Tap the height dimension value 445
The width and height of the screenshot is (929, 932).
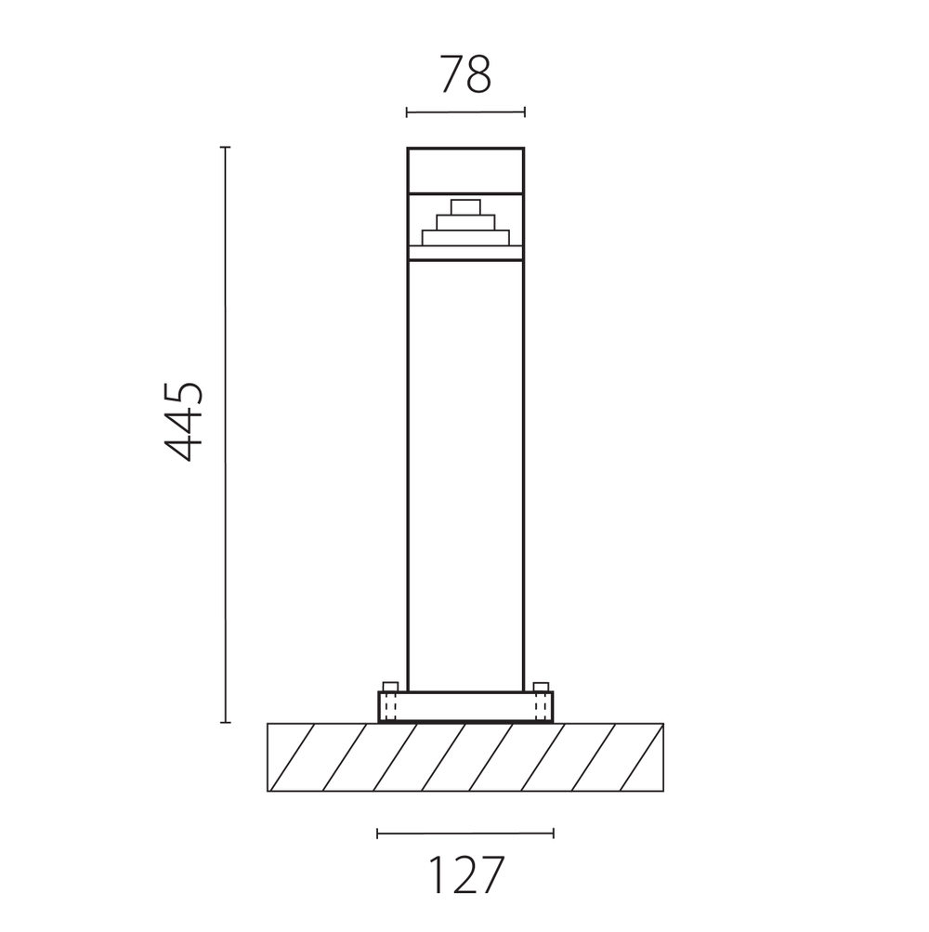pyautogui.click(x=183, y=421)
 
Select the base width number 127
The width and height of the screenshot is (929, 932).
pyautogui.click(x=465, y=874)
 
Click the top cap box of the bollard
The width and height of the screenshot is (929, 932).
pyautogui.click(x=465, y=170)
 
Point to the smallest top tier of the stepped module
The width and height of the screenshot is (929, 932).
pyautogui.click(x=462, y=206)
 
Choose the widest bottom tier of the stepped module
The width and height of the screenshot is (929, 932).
pyautogui.click(x=465, y=237)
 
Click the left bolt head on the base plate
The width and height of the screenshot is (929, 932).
pyautogui.click(x=391, y=687)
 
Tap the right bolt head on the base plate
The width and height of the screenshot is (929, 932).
pyautogui.click(x=541, y=687)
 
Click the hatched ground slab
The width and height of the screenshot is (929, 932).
pyautogui.click(x=465, y=757)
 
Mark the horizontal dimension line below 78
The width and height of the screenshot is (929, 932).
pyautogui.click(x=465, y=113)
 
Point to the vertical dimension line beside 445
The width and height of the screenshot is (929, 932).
pyautogui.click(x=225, y=434)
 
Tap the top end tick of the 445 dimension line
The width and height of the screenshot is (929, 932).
pyautogui.click(x=225, y=147)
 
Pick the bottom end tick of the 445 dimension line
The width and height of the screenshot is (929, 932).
pyautogui.click(x=225, y=722)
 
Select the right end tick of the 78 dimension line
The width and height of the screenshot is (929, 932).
pyautogui.click(x=525, y=113)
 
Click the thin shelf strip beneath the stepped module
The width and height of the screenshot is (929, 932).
pyautogui.click(x=465, y=252)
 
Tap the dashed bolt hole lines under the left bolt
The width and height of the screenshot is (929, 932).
pyautogui.click(x=391, y=708)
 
